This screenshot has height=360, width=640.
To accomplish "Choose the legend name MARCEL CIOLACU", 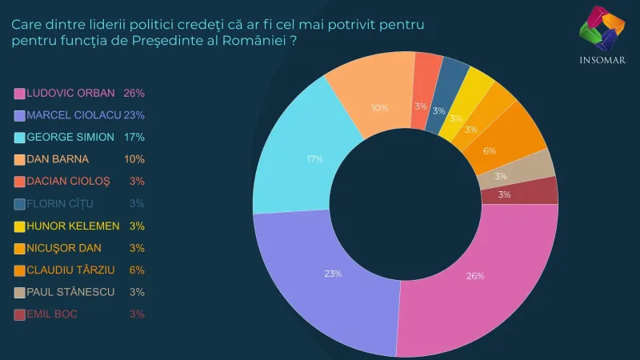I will click(x=68, y=115).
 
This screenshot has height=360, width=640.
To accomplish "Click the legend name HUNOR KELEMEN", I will click(x=73, y=226).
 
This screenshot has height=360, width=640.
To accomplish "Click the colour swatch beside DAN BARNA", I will click(x=19, y=159).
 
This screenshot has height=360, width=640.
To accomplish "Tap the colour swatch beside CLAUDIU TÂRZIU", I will click(x=19, y=270).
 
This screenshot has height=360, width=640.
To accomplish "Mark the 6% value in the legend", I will click(x=137, y=270).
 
